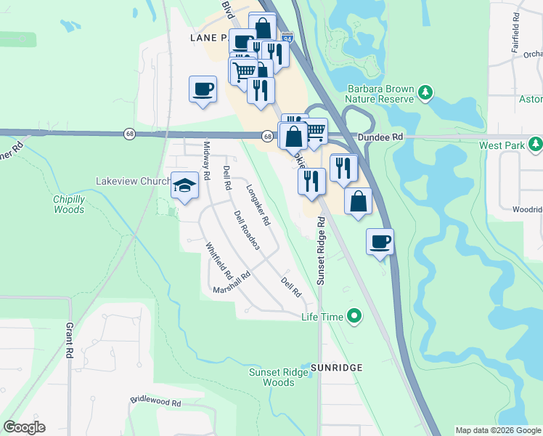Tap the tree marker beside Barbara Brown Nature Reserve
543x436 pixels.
tap(425, 92)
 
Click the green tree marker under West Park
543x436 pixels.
tap(536, 145)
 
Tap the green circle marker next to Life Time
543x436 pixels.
tap(354, 315)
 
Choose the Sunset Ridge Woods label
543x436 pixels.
tap(272, 377)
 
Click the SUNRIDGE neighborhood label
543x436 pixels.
tap(336, 368)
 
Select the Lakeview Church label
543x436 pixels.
tap(134, 181)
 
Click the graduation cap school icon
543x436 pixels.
tap(185, 185)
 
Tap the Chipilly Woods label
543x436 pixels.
tap(69, 204)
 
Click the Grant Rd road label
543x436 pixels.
tap(70, 340)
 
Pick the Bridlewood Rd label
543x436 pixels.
tap(155, 400)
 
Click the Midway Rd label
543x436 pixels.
tap(206, 161)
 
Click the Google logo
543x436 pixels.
tap(25, 427)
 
